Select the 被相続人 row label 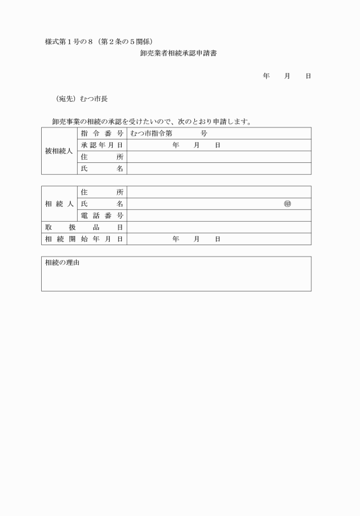click(x=59, y=151)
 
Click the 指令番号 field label click(x=102, y=133)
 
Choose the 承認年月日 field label click(x=102, y=145)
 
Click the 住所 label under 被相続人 click(x=102, y=157)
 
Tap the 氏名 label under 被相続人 click(x=102, y=169)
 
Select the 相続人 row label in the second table click(x=59, y=203)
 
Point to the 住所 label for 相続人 click(x=102, y=192)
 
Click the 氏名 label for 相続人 click(x=102, y=204)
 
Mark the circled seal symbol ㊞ click(x=287, y=204)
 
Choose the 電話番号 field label click(x=102, y=215)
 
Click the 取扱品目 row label click(x=84, y=227)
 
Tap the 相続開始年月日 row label click(x=84, y=239)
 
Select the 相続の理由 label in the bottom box click(x=62, y=263)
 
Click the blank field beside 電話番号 click(x=219, y=215)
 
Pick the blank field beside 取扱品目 click(x=219, y=227)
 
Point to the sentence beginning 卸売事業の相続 click(x=151, y=122)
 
